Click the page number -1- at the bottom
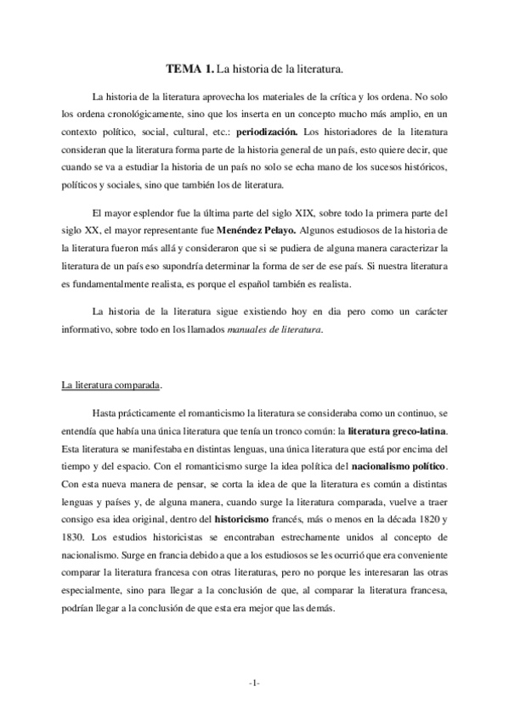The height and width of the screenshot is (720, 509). point(254,683)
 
